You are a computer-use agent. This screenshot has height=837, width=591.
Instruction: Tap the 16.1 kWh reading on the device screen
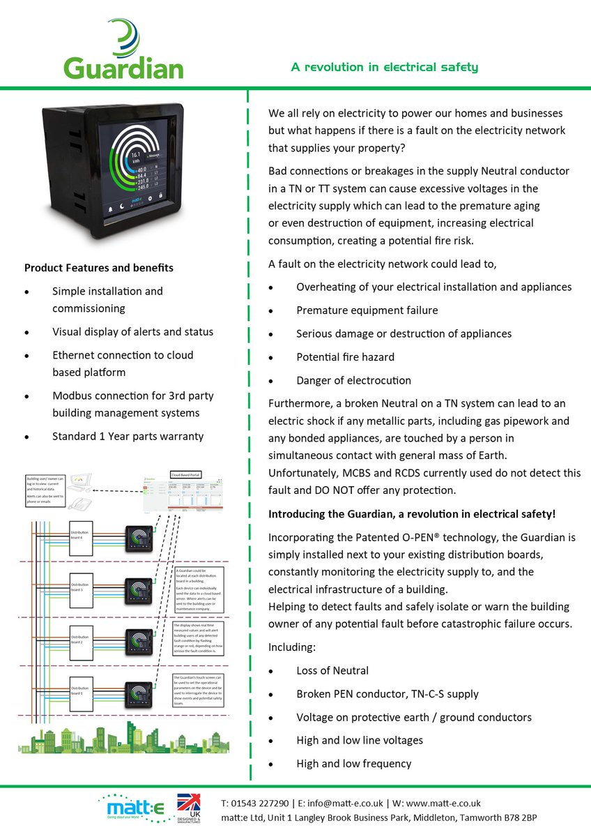[135, 156]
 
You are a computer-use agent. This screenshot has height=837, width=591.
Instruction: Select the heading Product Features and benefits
[99, 268]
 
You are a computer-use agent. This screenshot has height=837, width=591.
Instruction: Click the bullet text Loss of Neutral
[332, 671]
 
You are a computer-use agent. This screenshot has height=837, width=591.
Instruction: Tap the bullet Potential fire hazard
[345, 357]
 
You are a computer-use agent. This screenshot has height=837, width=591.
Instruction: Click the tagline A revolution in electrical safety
[385, 67]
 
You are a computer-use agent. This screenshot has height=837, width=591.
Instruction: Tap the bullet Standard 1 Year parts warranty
[128, 437]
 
